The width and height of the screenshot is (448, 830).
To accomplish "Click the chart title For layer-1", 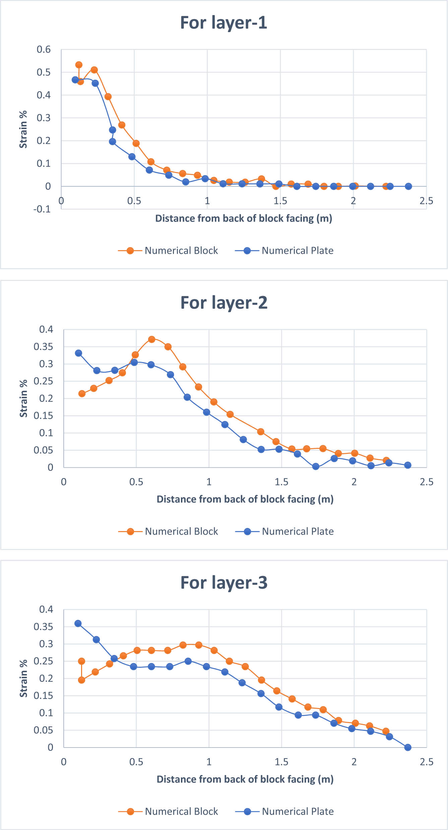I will pos(223,23).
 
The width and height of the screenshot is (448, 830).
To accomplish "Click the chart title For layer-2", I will pos(223,303).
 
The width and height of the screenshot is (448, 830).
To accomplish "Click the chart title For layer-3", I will pos(223,583).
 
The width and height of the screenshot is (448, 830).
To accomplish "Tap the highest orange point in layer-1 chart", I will pos(79,65).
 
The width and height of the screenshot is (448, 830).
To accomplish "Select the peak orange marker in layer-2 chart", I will pos(151,339).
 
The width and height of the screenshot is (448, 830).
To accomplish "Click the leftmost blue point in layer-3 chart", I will pos(78,624).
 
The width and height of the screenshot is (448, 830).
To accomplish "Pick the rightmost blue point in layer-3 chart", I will pos(408,747).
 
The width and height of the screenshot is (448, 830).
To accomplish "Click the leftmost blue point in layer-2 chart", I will pos(78,353).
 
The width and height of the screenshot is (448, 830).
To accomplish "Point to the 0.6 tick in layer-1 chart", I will pos(44,50).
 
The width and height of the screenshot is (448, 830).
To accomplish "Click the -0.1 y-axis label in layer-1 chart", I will pos(42,209).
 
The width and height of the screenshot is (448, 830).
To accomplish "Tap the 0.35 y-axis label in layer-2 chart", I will pos(43,347).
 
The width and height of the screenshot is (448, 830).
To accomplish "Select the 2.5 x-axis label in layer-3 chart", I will pos(426,762).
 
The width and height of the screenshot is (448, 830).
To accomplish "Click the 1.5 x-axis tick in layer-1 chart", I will pos(280,201).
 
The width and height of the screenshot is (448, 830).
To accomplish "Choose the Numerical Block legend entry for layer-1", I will pos(168,251).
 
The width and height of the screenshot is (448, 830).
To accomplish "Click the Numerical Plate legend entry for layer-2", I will pos(284,531).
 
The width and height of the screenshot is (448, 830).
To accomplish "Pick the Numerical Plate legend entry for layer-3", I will pos(284,811).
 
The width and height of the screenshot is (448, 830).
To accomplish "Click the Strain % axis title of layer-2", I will pos(23,399).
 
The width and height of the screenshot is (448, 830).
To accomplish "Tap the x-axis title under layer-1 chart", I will pos(244,219).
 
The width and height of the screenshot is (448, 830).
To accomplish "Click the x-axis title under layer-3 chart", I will pos(245,779).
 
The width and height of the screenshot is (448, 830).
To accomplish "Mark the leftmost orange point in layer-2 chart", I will pos(82,394).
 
